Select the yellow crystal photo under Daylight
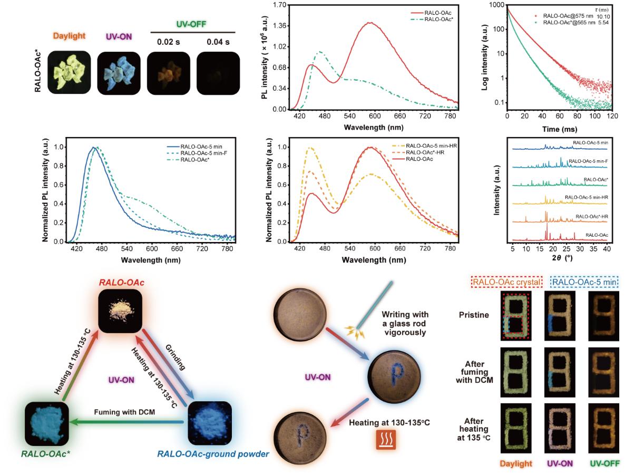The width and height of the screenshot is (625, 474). point(68,73)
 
